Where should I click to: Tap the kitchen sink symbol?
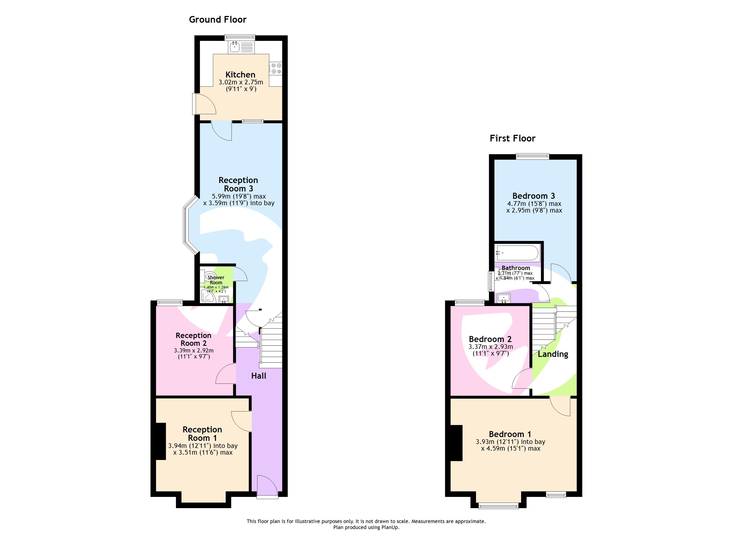click(x=235, y=48)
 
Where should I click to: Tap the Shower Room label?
click(x=216, y=280)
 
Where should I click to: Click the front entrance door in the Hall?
click(x=267, y=486)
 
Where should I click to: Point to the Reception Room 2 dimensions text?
click(x=194, y=354)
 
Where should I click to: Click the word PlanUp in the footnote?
click(x=390, y=527)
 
